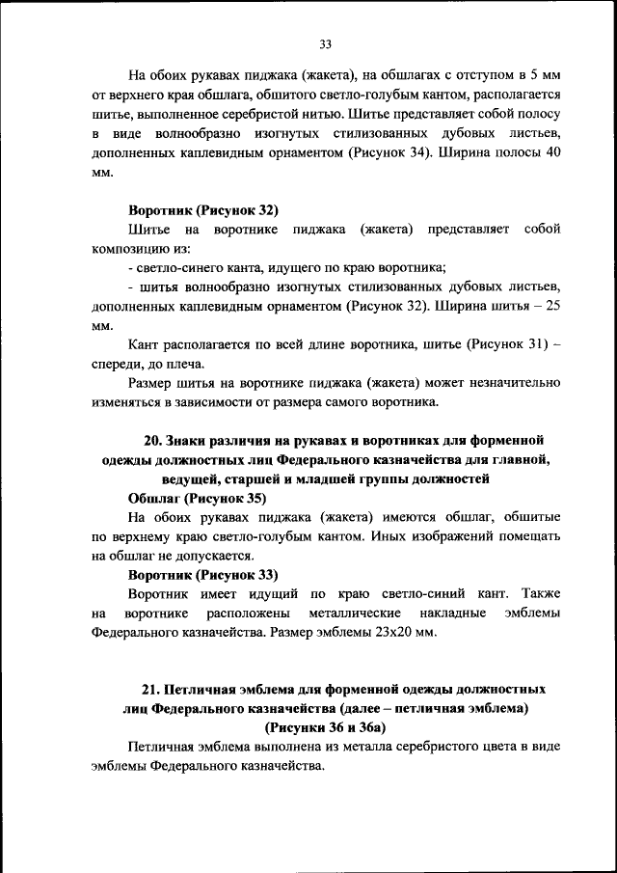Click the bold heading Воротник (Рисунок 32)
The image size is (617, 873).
(x=202, y=209)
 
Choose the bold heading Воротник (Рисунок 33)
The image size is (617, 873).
(x=202, y=574)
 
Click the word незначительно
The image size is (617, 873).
(x=509, y=381)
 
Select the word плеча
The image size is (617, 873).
(x=185, y=363)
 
